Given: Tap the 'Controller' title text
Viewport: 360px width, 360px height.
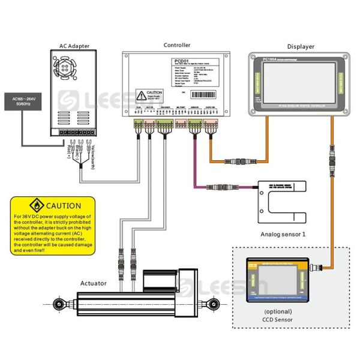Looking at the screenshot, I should pos(177,45).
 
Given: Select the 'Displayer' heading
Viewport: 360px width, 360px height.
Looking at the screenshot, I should pos(301,47).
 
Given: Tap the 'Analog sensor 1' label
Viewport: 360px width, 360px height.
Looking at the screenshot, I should pos(283,234).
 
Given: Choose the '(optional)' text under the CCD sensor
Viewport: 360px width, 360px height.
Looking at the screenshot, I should pos(277,311).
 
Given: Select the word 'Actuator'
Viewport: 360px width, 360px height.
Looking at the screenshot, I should pos(94,283).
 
